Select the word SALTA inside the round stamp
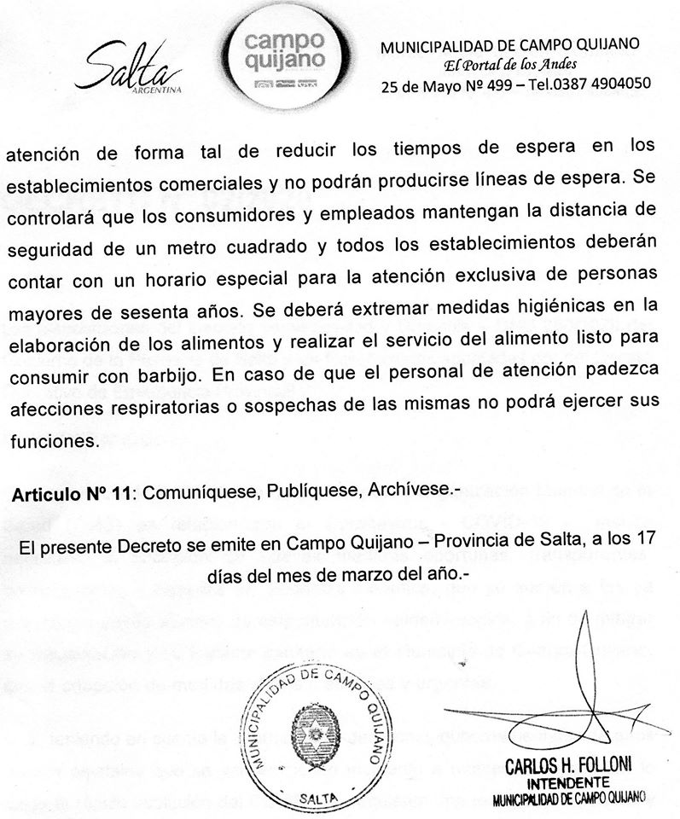coord(317,796)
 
